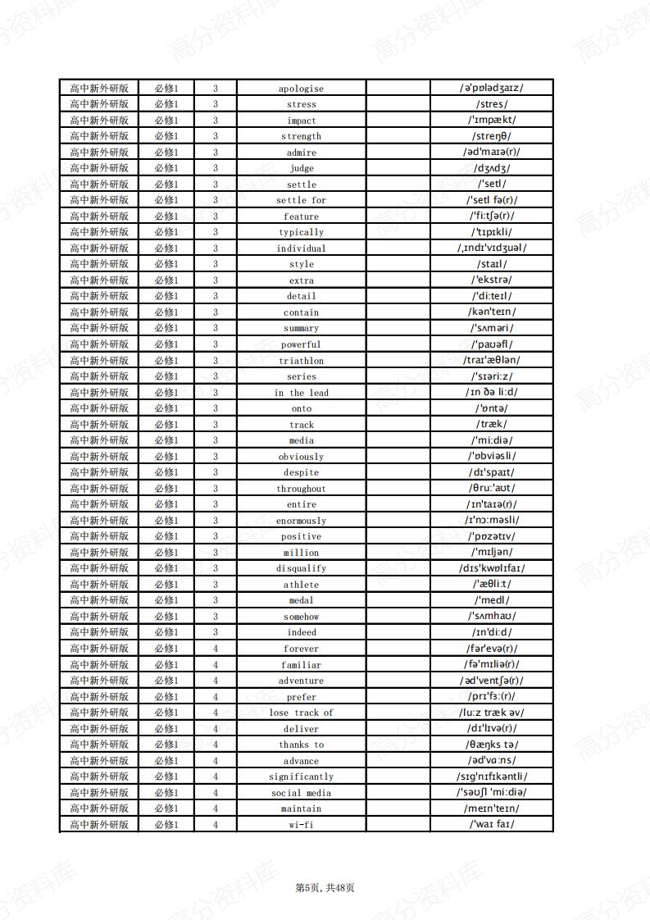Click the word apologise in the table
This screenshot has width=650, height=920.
click(301, 89)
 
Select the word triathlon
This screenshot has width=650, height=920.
click(301, 361)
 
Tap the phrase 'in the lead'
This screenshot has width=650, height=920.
click(301, 393)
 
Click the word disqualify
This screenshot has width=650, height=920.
click(301, 568)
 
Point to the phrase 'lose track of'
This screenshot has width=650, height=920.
click(301, 713)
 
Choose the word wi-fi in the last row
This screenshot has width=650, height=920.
click(301, 825)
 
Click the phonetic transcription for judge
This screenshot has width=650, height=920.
click(492, 168)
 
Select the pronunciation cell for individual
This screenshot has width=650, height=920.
click(492, 248)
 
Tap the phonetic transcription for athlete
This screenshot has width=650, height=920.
click(492, 584)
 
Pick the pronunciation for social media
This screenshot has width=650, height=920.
click(492, 792)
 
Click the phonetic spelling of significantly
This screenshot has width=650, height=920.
click(492, 776)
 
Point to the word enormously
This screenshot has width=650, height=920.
click(301, 521)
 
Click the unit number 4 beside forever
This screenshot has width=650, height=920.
click(216, 649)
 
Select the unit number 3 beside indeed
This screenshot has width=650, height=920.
click(216, 632)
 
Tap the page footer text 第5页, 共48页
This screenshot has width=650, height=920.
click(325, 887)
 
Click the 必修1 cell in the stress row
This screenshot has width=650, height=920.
click(166, 104)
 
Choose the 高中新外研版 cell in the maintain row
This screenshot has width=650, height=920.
click(99, 808)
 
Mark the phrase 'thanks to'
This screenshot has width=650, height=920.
click(301, 745)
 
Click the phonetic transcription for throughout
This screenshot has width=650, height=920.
click(492, 488)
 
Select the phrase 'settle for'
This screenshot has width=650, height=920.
click(301, 200)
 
